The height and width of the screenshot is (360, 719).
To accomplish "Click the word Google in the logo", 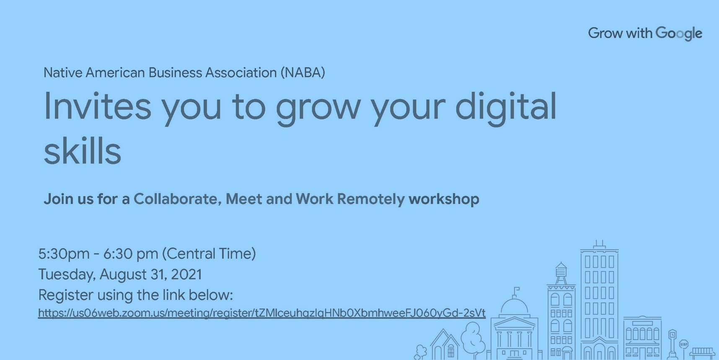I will pyautogui.click(x=679, y=33).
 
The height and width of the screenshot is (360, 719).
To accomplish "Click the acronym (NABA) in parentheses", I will pyautogui.click(x=303, y=73).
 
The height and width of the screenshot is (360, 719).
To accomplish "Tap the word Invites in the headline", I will pyautogui.click(x=97, y=106).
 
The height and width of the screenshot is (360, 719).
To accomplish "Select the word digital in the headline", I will pyautogui.click(x=506, y=106).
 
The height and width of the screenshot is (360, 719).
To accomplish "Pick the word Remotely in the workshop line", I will pyautogui.click(x=371, y=199).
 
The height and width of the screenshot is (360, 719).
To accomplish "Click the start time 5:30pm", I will pyautogui.click(x=64, y=254).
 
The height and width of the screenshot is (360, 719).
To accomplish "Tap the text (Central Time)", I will pyautogui.click(x=209, y=254).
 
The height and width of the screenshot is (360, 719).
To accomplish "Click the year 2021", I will pyautogui.click(x=186, y=275).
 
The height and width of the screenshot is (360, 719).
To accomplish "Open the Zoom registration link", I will pyautogui.click(x=261, y=313).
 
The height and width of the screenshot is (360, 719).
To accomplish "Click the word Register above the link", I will pyautogui.click(x=65, y=295).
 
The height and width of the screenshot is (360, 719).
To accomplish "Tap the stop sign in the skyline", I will pyautogui.click(x=683, y=344).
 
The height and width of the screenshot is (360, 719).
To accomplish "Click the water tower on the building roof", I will pyautogui.click(x=561, y=272).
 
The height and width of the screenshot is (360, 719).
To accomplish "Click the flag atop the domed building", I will pyautogui.click(x=517, y=289).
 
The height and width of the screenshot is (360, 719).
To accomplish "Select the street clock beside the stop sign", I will pyautogui.click(x=672, y=335).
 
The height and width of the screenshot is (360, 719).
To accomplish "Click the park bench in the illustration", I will pyautogui.click(x=702, y=352).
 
